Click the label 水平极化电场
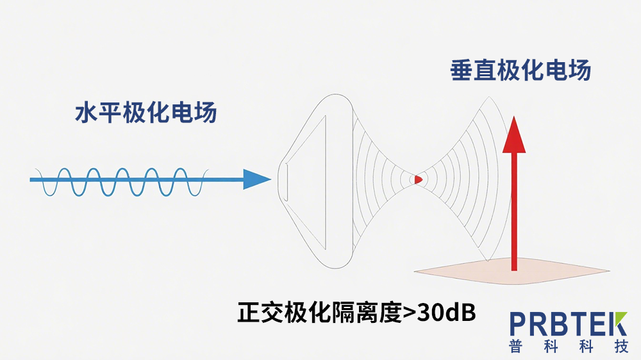pyautogui.click(x=146, y=113)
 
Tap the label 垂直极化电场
pyautogui.click(x=520, y=70)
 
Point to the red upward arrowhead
pyautogui.click(x=514, y=136)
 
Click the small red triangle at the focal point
pyautogui.click(x=418, y=180)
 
